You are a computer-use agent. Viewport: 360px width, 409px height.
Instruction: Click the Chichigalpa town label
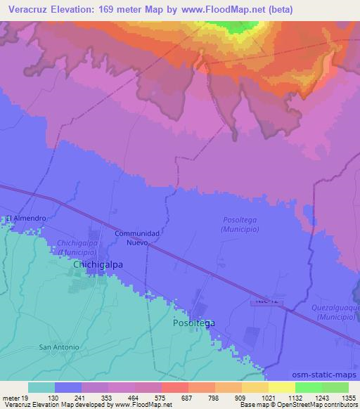coord(98,265)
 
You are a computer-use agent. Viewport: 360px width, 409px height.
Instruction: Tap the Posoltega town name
coord(193,323)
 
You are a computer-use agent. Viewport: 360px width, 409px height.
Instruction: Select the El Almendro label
coord(27,219)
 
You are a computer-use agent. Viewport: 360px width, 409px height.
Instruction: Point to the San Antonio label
coord(58,347)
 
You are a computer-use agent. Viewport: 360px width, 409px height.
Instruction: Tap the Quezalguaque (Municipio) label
coord(335,312)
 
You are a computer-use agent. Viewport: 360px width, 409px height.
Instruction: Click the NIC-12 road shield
coord(262,301)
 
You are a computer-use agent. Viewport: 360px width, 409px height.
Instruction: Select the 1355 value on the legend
coord(348,398)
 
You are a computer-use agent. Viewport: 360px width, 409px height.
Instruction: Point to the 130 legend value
coord(54,398)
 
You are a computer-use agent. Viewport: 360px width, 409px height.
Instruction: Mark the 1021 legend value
coord(268,398)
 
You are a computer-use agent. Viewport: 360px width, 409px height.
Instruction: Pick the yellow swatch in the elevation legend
coord(281,387)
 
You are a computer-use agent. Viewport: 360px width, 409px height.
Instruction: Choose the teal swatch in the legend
coord(41,387)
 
